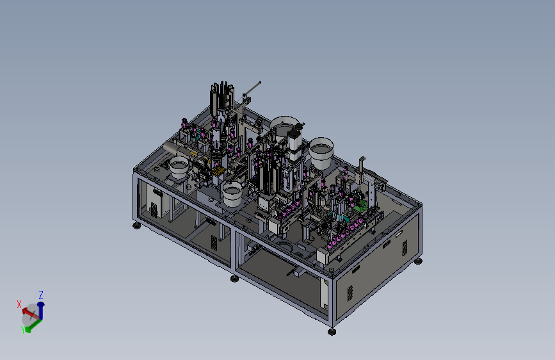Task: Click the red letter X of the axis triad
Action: (x=19, y=304)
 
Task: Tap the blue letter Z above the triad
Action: (x=41, y=295)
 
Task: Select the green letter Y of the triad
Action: (x=23, y=330)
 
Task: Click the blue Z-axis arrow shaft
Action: (x=41, y=311)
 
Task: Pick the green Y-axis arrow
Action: (x=34, y=325)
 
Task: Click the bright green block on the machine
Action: (x=361, y=206)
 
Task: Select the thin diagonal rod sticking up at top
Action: (x=252, y=89)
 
